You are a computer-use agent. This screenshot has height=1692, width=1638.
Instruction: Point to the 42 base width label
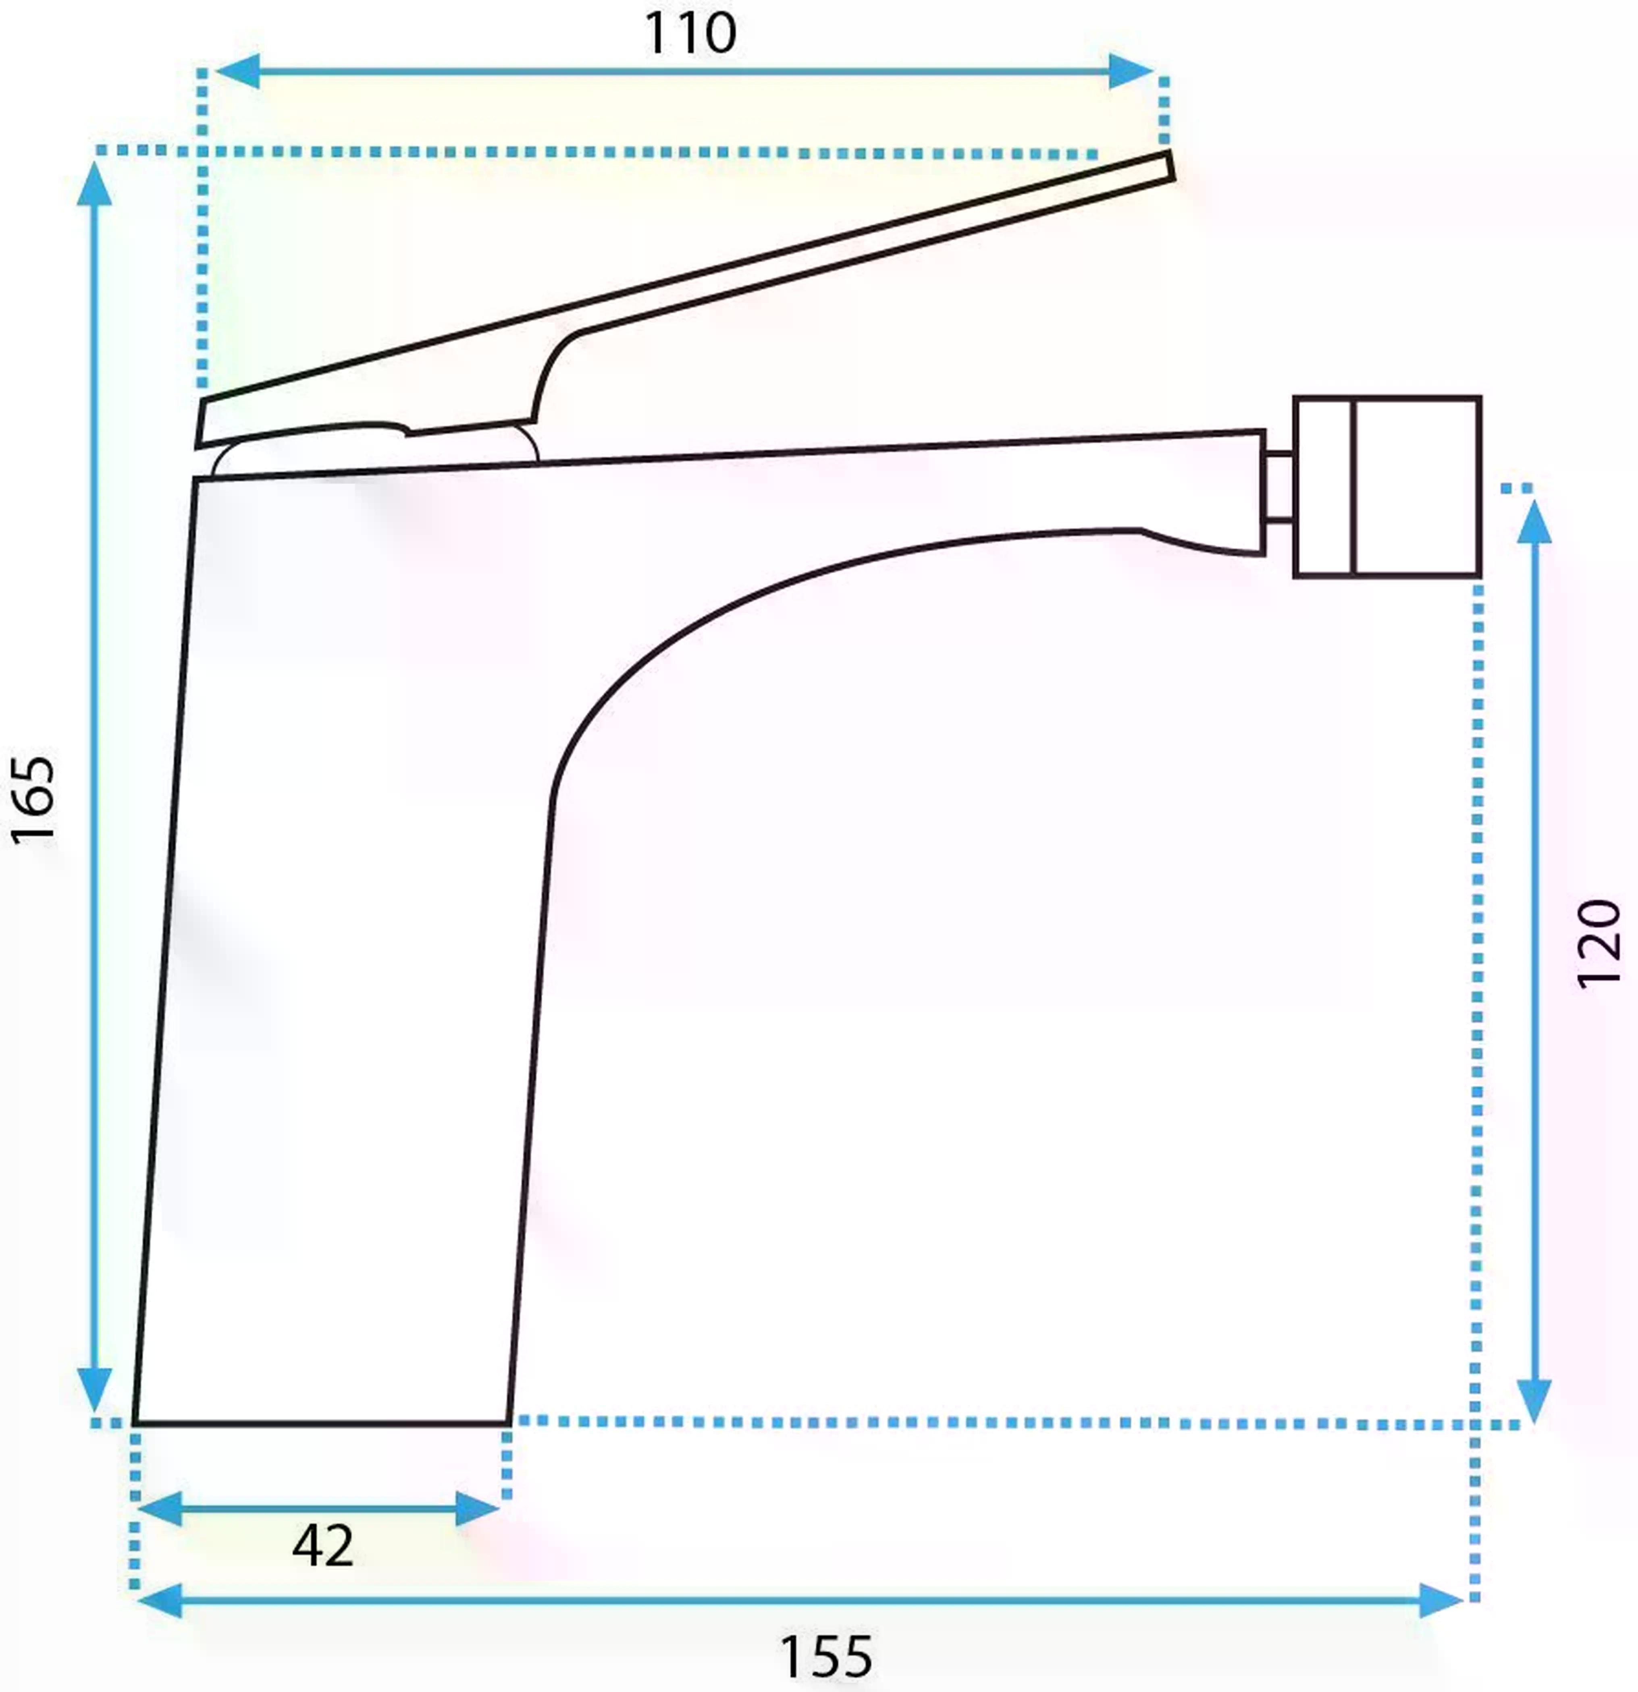click(x=323, y=1545)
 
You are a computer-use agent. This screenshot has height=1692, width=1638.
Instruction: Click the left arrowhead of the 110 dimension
click(x=235, y=71)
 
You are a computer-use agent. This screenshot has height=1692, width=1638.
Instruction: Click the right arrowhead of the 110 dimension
click(x=1131, y=71)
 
